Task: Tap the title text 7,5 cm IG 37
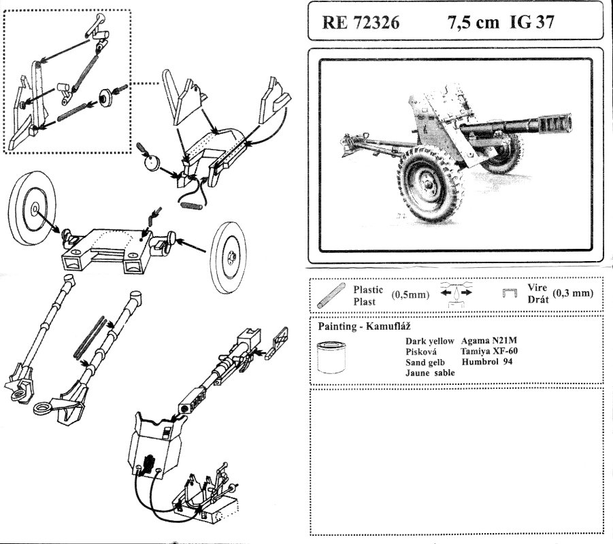point(501,22)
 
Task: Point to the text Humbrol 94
point(486,362)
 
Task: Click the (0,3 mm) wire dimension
point(573,294)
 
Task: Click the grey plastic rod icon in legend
point(330,295)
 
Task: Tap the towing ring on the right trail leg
point(44,408)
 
